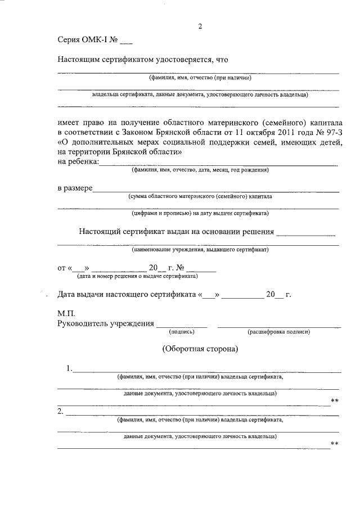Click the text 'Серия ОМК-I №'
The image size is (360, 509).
coord(87,40)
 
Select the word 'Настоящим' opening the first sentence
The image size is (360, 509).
coord(79,59)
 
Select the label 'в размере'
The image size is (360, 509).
coord(75,188)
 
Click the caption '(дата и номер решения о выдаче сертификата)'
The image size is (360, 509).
coord(137,276)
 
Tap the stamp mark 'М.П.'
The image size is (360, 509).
coord(66,313)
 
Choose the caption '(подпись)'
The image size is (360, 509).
coord(182,332)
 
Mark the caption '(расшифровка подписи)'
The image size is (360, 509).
coord(279,332)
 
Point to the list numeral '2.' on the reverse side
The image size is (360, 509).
coord(61,412)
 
